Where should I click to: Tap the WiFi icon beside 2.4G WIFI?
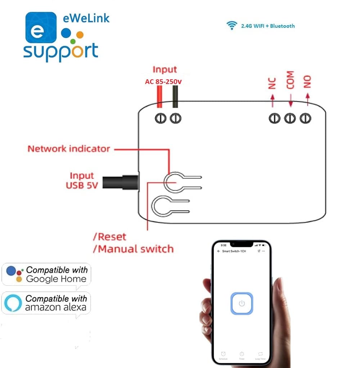click(x=231, y=26)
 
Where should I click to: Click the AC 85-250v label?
click(x=163, y=82)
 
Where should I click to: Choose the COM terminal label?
click(x=290, y=80)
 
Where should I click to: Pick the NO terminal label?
click(x=307, y=82)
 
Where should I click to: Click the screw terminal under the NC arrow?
click(x=274, y=118)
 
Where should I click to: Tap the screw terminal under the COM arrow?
click(x=290, y=118)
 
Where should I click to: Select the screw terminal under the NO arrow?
click(x=306, y=118)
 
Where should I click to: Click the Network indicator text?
click(x=69, y=149)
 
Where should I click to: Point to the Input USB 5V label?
click(x=82, y=181)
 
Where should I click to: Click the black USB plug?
click(x=121, y=181)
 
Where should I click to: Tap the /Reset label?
click(x=110, y=237)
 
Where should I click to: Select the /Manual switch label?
click(x=133, y=249)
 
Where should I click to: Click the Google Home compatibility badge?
click(x=46, y=275)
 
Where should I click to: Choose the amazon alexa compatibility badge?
click(x=46, y=303)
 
